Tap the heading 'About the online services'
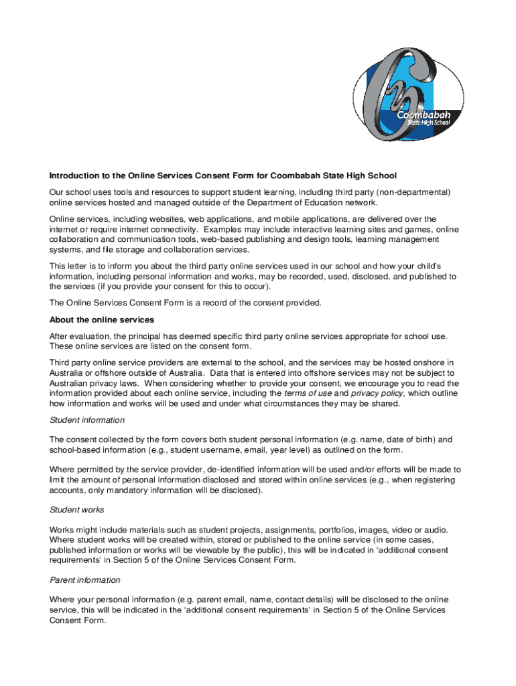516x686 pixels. pyautogui.click(x=102, y=320)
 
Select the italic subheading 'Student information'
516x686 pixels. pyautogui.click(x=87, y=420)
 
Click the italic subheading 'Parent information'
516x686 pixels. pyautogui.click(x=84, y=579)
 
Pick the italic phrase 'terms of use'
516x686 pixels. pyautogui.click(x=308, y=393)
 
